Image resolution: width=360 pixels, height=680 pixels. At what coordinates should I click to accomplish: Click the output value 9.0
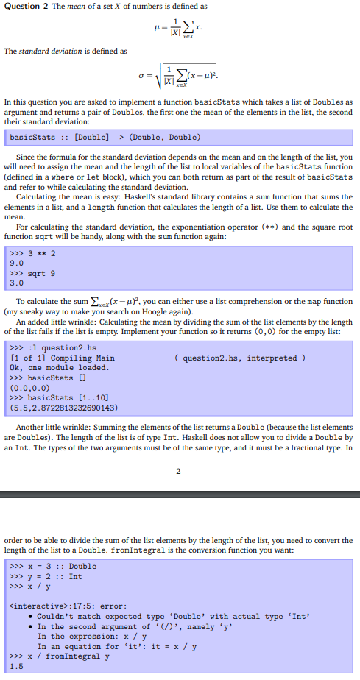point(17,262)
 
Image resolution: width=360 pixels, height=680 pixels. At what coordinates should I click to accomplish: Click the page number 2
point(180,471)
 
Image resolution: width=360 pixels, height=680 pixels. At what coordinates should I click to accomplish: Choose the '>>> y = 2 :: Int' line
point(46,576)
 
